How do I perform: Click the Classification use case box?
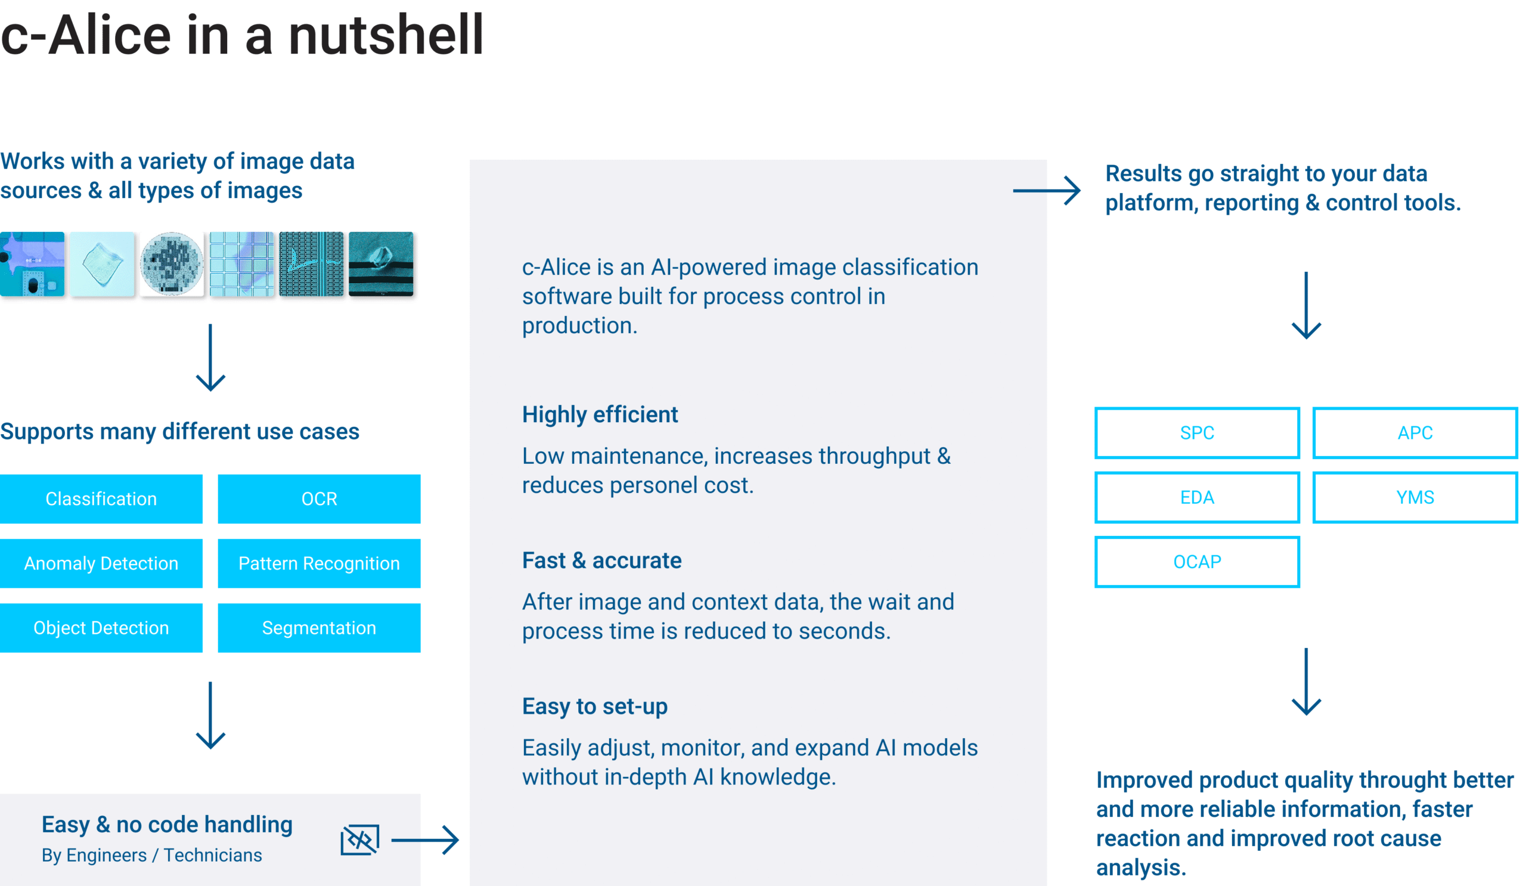click(x=101, y=498)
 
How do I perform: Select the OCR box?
click(x=319, y=498)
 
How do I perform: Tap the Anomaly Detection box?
click(x=101, y=563)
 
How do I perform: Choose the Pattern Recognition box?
click(x=319, y=563)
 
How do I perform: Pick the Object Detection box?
click(x=101, y=627)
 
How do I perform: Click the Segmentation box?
click(x=319, y=627)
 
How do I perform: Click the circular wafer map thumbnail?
click(x=172, y=264)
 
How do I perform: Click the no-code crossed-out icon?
click(x=359, y=839)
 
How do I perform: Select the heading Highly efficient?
click(x=600, y=414)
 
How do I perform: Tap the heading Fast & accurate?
click(x=602, y=560)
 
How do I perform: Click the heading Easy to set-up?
click(x=595, y=706)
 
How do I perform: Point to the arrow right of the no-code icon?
click(x=425, y=840)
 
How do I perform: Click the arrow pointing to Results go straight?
click(x=1047, y=191)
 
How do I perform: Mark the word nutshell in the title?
click(x=386, y=35)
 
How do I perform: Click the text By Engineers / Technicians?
click(x=152, y=855)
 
